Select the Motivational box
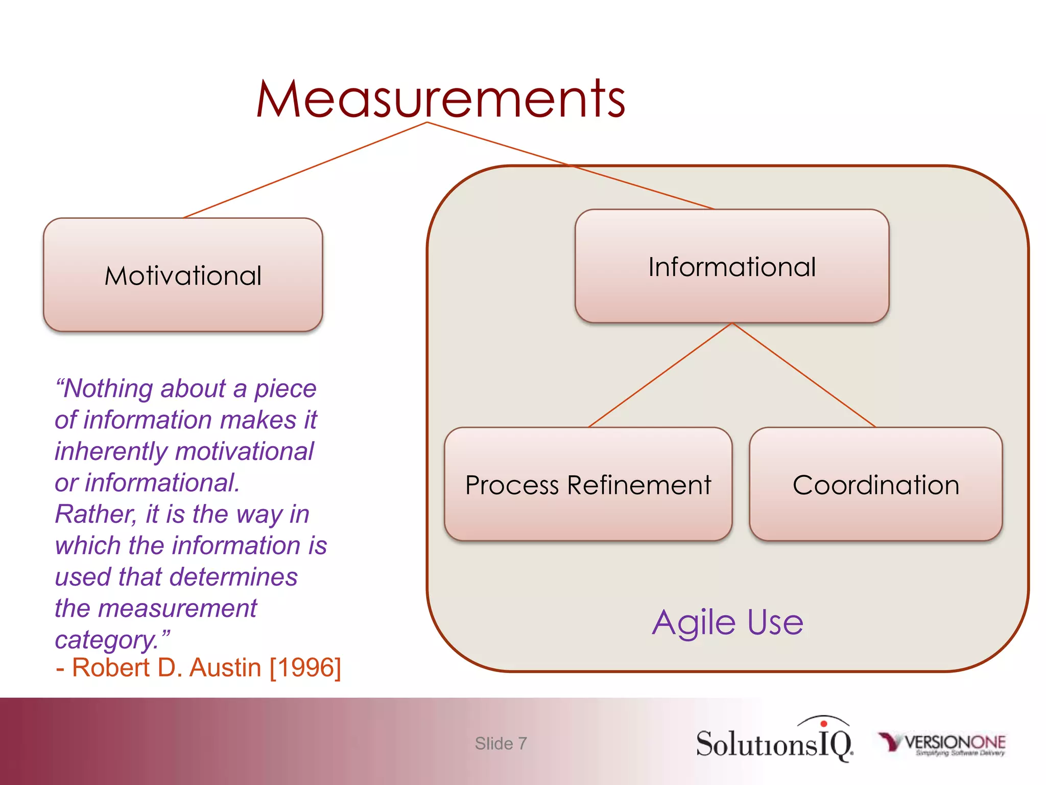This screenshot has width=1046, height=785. (183, 275)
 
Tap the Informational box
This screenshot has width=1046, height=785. (731, 266)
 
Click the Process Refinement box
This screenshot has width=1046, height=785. (588, 484)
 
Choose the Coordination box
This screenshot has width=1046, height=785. (875, 484)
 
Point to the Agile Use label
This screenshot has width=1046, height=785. (727, 622)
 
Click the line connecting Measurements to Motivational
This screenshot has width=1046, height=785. (305, 170)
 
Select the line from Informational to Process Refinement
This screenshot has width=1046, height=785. (660, 375)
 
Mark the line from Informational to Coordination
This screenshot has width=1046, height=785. (804, 375)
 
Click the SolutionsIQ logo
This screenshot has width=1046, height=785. (774, 742)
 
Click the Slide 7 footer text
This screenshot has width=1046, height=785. (501, 743)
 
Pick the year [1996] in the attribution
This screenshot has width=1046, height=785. (305, 667)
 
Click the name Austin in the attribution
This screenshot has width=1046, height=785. (225, 667)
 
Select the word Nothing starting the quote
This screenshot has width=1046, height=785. (107, 388)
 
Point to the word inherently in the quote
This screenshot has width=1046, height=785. (111, 451)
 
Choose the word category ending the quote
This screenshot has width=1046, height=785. (106, 640)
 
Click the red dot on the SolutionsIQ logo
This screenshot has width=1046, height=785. (823, 724)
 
